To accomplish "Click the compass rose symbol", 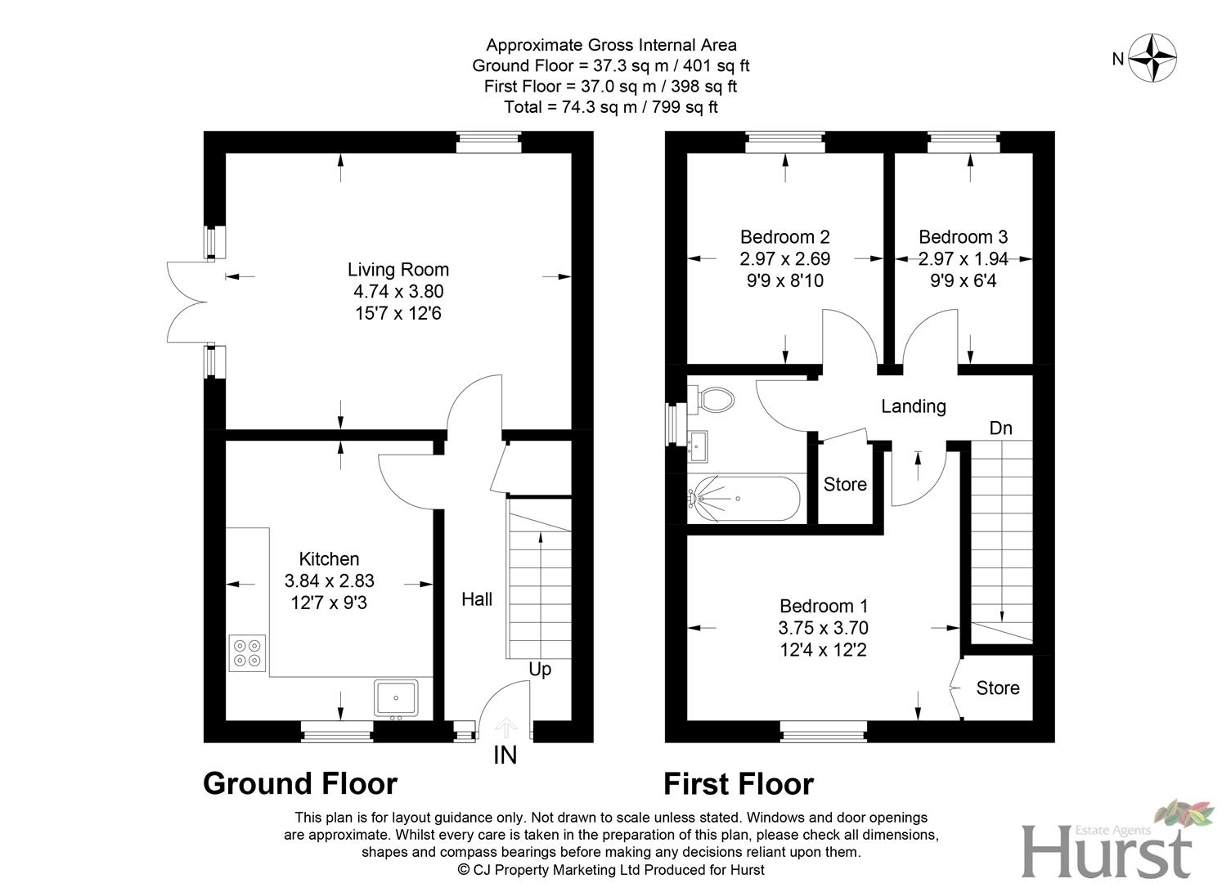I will [x=1152, y=58].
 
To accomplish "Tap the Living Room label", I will [x=398, y=270].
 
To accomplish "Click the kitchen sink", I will [x=396, y=698].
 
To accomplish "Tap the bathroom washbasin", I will [x=699, y=445].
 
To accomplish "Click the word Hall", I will [x=477, y=599].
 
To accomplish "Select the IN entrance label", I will [x=505, y=755].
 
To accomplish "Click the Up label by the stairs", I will [x=540, y=669].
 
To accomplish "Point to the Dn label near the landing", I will [x=1000, y=428].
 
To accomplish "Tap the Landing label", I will [x=913, y=406].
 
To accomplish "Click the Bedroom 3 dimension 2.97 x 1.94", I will [x=963, y=259].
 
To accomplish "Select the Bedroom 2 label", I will [x=784, y=237].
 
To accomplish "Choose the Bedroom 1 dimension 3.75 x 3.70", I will [x=823, y=628].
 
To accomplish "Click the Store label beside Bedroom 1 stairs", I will [x=997, y=688].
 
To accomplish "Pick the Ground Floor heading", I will [x=300, y=783].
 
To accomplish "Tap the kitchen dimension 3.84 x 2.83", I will [x=329, y=581].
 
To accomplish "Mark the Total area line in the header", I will [x=611, y=107].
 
